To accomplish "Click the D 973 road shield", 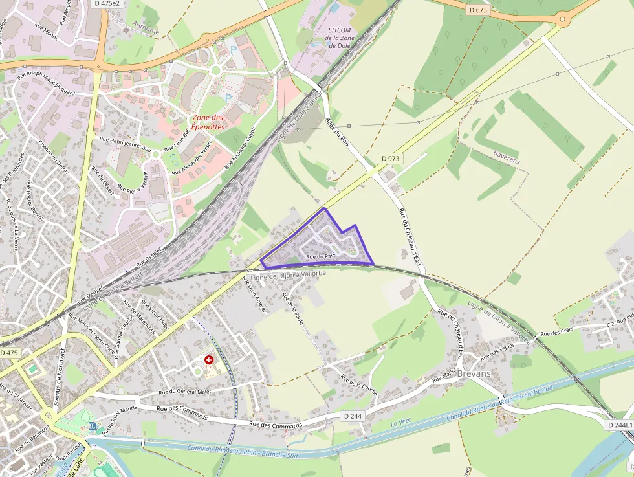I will coord(390,158).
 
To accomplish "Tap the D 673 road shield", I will coord(477,10).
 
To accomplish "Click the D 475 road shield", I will coord(9,353).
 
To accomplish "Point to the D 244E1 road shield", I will coord(620,425).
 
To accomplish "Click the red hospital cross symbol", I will coord(209,359).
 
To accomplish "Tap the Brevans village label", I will coord(474,373).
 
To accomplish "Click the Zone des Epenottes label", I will coord(208,122).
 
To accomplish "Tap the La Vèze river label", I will coord(401,423).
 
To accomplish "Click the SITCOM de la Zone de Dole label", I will coord(340,38).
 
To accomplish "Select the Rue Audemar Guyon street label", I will coord(241,148).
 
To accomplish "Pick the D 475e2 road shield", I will coord(107,3).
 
